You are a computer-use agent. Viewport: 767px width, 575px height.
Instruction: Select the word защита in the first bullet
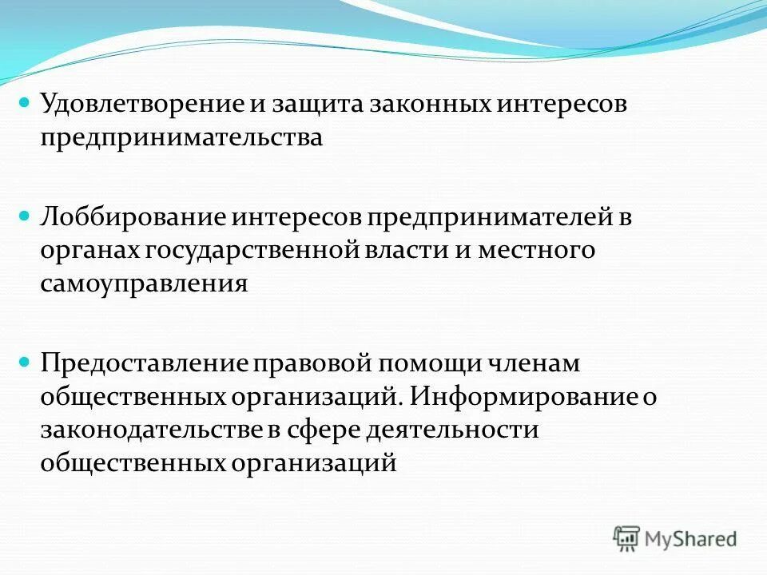312,105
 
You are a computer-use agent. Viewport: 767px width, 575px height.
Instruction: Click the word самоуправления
145,285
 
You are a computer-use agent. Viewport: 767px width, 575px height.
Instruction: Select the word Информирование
526,398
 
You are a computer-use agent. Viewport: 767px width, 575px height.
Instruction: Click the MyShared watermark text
690,539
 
